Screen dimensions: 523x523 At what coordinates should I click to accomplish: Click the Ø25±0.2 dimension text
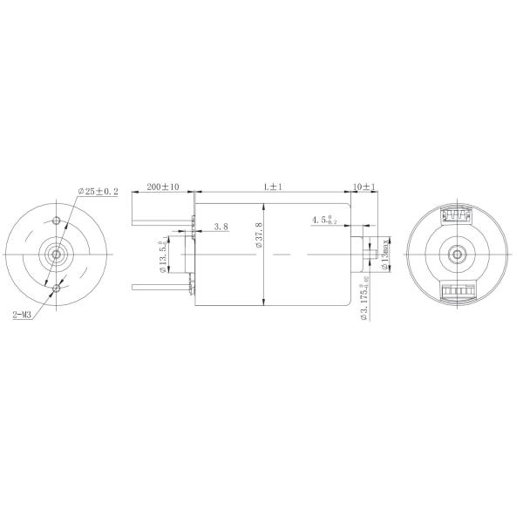click(x=98, y=191)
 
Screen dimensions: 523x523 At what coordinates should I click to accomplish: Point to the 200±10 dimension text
click(x=162, y=187)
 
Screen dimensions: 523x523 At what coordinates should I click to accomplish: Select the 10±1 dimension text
click(x=363, y=187)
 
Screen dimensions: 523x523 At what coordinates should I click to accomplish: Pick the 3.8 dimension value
click(x=221, y=227)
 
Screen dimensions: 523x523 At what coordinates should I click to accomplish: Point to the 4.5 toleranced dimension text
click(x=327, y=221)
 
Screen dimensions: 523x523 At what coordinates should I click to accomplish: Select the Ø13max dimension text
click(x=386, y=254)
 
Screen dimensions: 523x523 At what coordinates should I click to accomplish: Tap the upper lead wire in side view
click(x=161, y=221)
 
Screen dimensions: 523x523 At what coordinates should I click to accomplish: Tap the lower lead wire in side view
click(x=161, y=286)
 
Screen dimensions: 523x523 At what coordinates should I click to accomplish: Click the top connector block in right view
click(x=457, y=214)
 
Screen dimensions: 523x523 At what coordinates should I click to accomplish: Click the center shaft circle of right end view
click(x=457, y=253)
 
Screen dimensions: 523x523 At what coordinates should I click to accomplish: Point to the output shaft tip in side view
click(x=372, y=253)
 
